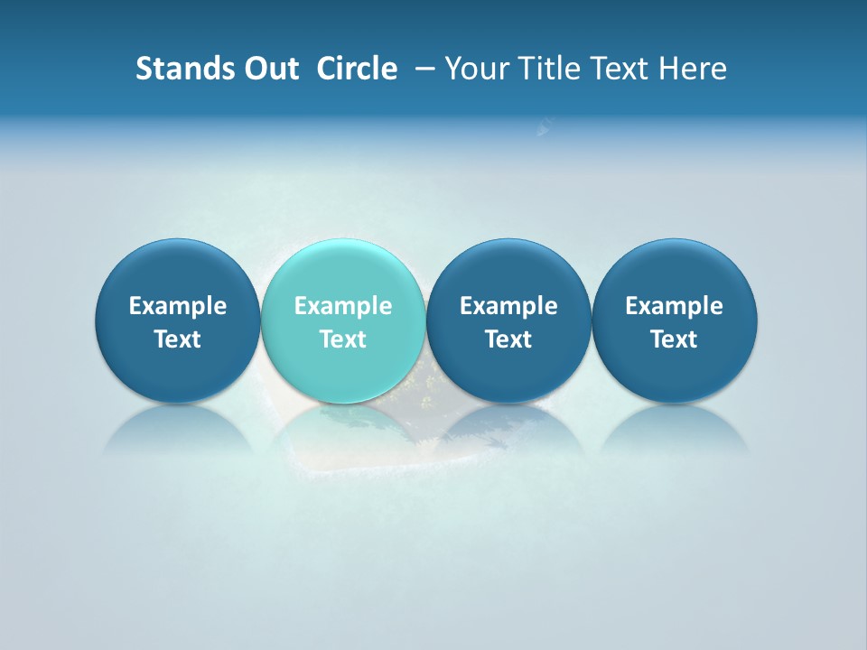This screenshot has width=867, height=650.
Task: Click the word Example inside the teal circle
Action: (x=343, y=306)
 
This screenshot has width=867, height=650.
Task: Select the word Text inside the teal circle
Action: (x=343, y=339)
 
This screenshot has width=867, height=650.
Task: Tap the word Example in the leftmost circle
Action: (x=178, y=306)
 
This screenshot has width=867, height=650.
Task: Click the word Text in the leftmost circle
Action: (x=178, y=339)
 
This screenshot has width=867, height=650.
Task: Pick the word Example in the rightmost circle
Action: (x=675, y=306)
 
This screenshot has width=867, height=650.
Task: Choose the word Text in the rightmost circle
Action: (x=675, y=339)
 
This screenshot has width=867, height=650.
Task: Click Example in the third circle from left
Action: (x=508, y=306)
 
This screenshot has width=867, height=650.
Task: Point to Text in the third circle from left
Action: (x=508, y=339)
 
